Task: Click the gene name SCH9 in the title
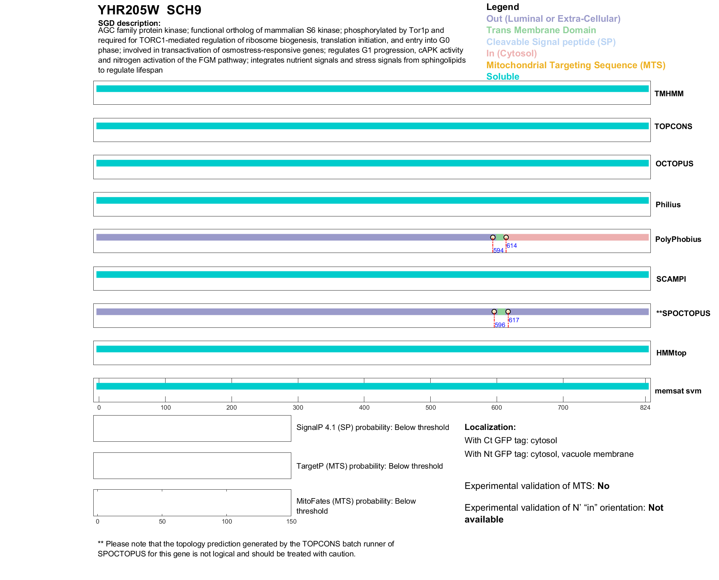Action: click(184, 10)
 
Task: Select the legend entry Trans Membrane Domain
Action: click(541, 30)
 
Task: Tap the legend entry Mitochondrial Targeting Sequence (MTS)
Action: click(576, 65)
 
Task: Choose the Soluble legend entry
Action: click(503, 77)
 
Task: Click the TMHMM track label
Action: click(668, 94)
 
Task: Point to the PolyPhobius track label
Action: click(678, 239)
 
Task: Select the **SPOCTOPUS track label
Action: click(683, 313)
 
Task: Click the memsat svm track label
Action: click(678, 391)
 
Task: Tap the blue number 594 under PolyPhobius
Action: click(498, 251)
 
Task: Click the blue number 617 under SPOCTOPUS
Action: click(514, 320)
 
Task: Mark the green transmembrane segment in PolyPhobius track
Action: click(500, 237)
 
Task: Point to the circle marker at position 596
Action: click(494, 312)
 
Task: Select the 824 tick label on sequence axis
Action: click(645, 407)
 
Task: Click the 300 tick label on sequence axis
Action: click(298, 407)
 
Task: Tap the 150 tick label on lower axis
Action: click(291, 521)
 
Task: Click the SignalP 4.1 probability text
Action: click(372, 427)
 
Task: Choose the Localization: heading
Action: click(490, 427)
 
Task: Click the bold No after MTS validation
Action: click(603, 486)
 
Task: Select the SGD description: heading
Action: click(129, 23)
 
